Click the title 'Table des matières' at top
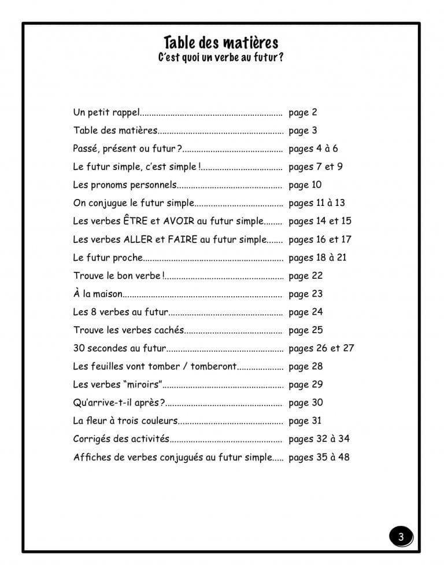[221, 43]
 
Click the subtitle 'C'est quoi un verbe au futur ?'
[221, 58]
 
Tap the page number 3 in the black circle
[401, 537]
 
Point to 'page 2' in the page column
[302, 112]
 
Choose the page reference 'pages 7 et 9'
[315, 167]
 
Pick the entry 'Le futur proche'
[108, 257]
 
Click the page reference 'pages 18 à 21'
[317, 257]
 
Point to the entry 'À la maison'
[98, 294]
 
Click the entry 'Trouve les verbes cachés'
[128, 330]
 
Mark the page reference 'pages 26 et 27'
[321, 348]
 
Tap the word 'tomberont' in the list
[213, 366]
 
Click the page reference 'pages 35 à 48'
[319, 457]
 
